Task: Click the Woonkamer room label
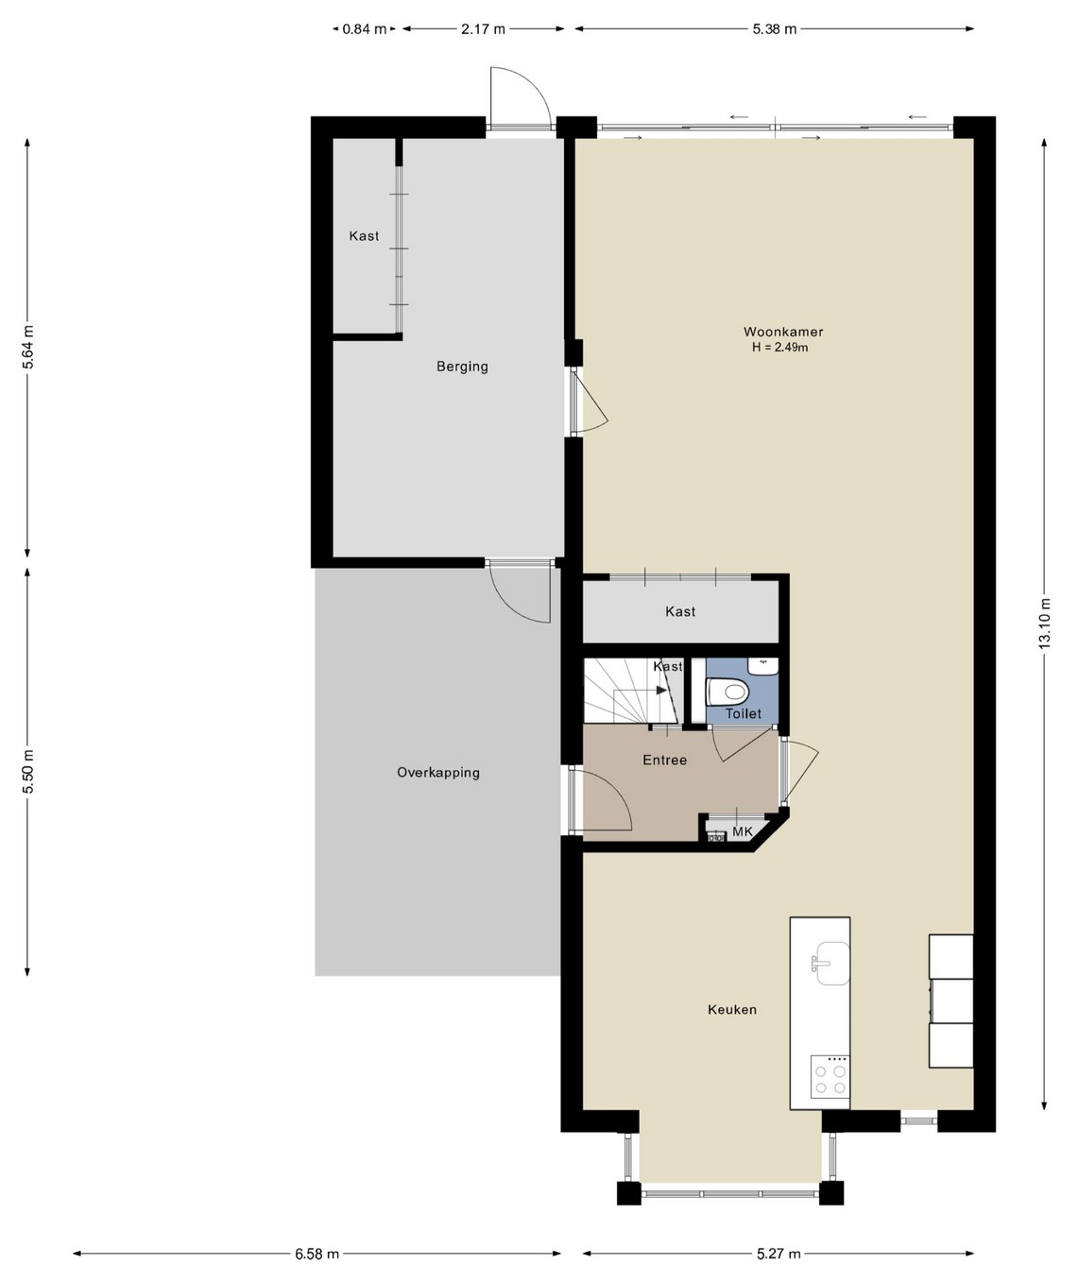click(x=783, y=332)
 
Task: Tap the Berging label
click(x=462, y=367)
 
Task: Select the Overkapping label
click(x=438, y=773)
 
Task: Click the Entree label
click(x=664, y=761)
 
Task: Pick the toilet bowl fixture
click(x=728, y=692)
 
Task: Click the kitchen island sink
click(x=830, y=963)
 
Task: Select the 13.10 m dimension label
click(x=1044, y=623)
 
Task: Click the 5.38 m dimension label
click(x=775, y=29)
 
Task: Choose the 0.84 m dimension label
click(x=365, y=29)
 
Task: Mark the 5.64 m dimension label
click(x=28, y=347)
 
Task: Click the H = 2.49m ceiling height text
click(x=780, y=347)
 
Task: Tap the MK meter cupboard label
click(x=743, y=832)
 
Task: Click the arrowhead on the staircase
click(x=661, y=690)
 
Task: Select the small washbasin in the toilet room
click(x=763, y=665)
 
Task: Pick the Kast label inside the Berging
click(x=364, y=236)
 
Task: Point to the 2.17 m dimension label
click(x=483, y=29)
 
